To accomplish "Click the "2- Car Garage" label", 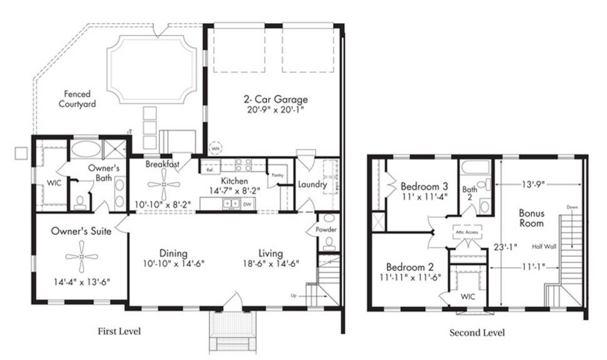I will [276, 99].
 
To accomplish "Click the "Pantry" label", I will [276, 176].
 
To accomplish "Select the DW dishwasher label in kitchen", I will [248, 204].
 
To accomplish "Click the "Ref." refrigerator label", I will [209, 169].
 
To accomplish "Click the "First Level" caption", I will [119, 331].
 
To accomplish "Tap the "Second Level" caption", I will [477, 332].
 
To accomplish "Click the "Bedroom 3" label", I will [424, 186].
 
